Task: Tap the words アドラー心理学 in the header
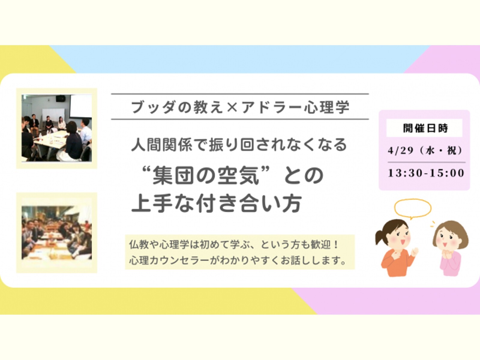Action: tap(296, 107)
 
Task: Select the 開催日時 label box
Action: tap(425, 128)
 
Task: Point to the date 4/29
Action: tap(400, 150)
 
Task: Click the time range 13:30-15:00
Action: tap(426, 173)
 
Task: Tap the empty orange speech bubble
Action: tap(412, 208)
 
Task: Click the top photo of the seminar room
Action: tap(57, 128)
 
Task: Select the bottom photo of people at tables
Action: tap(57, 233)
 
